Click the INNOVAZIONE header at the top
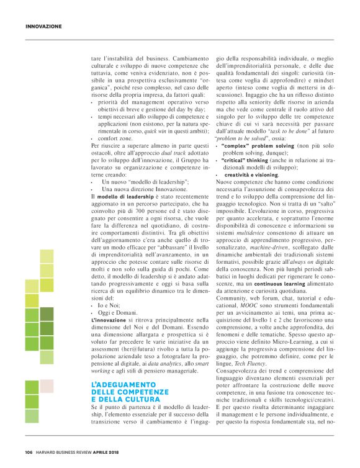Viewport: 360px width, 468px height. click(x=43, y=26)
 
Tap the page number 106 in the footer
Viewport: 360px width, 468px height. click(x=29, y=451)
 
